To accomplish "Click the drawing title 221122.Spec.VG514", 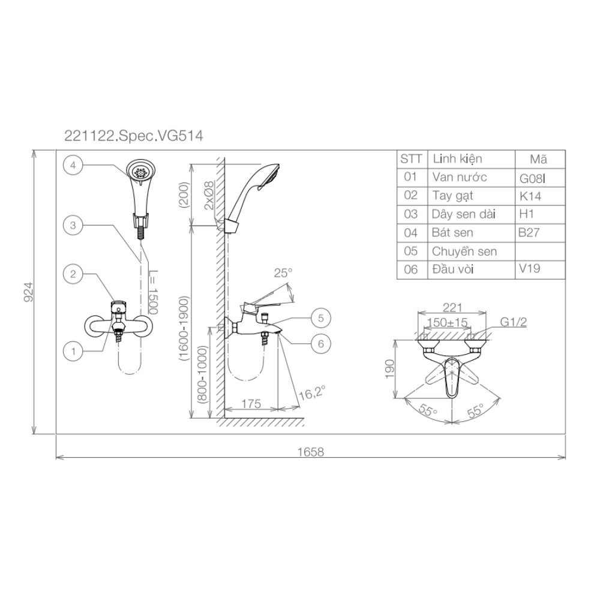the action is point(134,136).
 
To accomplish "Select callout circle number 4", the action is point(73,166).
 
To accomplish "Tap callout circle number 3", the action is point(73,225).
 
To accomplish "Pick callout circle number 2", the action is point(73,274).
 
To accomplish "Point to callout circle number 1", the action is point(73,351).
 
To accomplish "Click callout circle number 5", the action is point(321,318).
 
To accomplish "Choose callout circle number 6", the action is point(321,344).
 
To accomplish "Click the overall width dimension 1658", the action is point(310,452).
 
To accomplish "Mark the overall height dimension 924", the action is point(29,292).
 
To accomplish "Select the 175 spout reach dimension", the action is point(251,404).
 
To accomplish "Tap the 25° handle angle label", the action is point(283,273).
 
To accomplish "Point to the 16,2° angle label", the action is point(312,392).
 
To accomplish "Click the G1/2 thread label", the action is point(514,322).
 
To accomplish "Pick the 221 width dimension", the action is point(452,307).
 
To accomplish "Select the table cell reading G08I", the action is point(532,179).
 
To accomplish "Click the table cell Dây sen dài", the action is point(463,214).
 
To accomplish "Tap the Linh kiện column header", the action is point(457,159).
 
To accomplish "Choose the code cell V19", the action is point(530,268).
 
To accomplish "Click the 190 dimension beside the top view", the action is point(389,368).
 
